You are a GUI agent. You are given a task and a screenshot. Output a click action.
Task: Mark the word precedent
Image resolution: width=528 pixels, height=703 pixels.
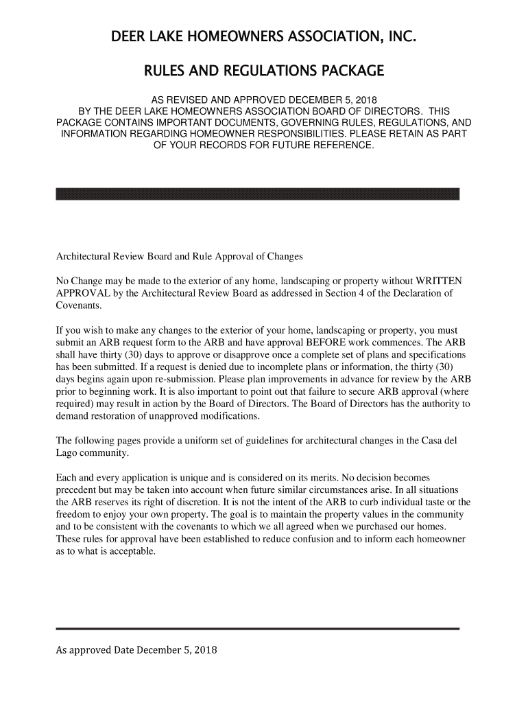[78, 490]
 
